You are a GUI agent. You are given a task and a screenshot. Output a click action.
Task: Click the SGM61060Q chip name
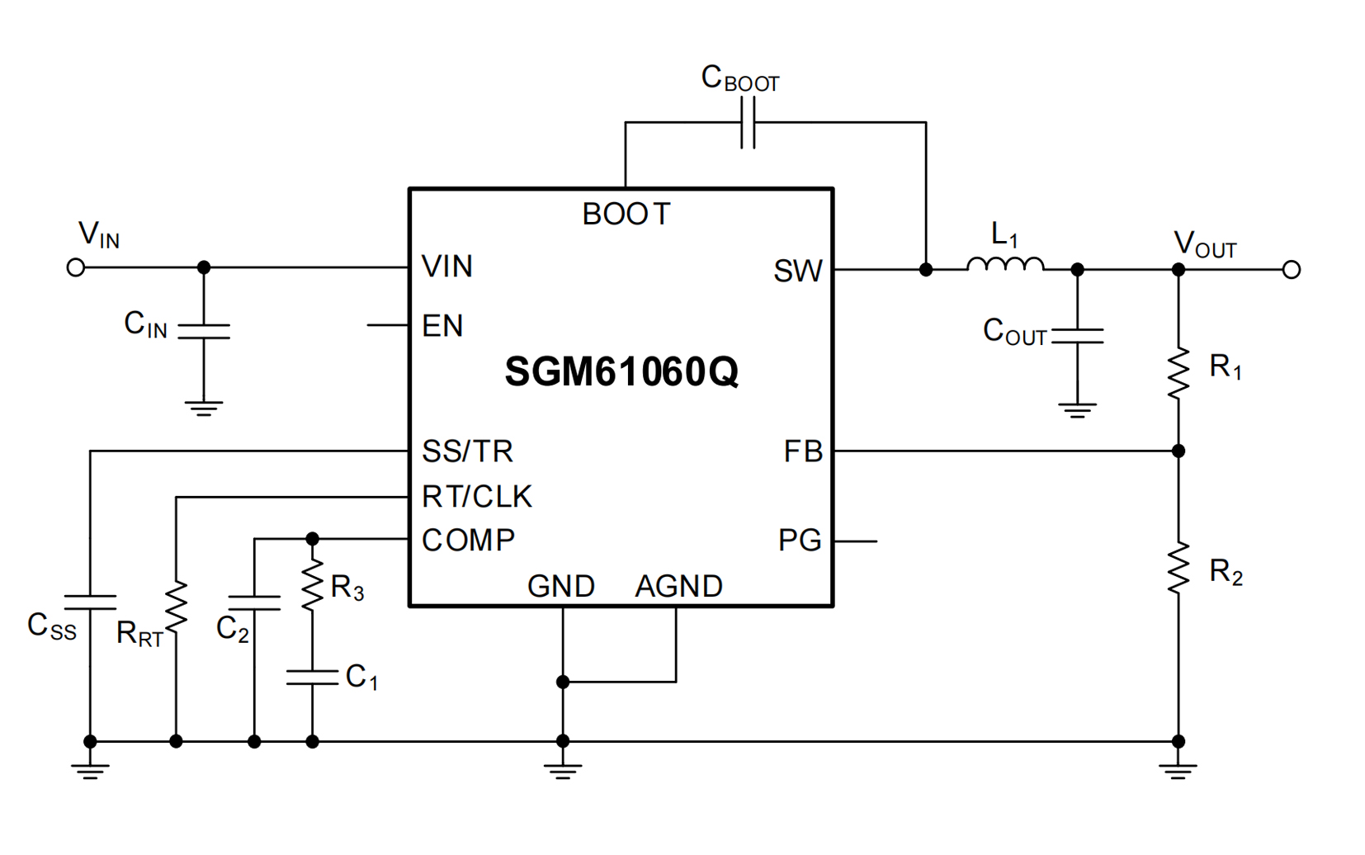(x=621, y=372)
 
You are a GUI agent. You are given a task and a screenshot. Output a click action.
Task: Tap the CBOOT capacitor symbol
(x=748, y=123)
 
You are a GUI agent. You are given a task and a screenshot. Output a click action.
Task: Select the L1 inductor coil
(x=1004, y=264)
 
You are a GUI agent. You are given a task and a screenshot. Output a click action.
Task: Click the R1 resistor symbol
(x=1178, y=373)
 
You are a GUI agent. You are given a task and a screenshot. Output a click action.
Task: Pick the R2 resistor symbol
(x=1178, y=568)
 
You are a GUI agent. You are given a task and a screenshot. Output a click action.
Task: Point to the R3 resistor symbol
(x=312, y=585)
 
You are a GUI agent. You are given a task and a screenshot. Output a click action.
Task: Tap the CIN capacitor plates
(x=204, y=332)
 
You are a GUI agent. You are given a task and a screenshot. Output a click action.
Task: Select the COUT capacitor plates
(x=1077, y=336)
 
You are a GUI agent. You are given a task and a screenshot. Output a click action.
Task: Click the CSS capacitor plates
(x=90, y=602)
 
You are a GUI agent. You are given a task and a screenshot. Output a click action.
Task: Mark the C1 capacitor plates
(x=312, y=678)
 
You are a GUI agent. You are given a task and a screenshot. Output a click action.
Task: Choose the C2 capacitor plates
(x=254, y=602)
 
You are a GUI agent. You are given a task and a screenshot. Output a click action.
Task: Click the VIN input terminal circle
(x=76, y=267)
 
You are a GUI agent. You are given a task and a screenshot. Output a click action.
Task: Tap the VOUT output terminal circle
(x=1292, y=270)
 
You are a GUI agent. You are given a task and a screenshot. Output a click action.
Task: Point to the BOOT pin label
(x=626, y=215)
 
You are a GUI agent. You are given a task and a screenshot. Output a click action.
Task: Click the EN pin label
(x=442, y=327)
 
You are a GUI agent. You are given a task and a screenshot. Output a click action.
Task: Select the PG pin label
(x=799, y=541)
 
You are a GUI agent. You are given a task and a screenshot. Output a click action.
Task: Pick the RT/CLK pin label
(x=476, y=497)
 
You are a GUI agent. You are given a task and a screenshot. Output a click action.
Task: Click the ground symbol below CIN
(x=204, y=409)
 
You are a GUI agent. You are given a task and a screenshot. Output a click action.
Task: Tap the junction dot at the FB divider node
(x=1178, y=451)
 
